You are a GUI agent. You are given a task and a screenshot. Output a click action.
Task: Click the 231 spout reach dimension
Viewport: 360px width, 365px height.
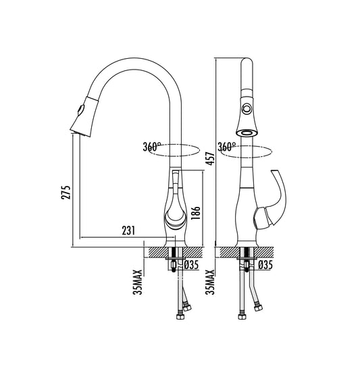(128, 231)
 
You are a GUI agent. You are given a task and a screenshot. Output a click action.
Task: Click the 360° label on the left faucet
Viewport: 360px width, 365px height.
(152, 147)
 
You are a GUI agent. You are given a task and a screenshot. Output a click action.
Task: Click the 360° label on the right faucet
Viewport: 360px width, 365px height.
(226, 147)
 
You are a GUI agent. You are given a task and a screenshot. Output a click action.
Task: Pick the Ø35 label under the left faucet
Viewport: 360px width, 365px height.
(191, 265)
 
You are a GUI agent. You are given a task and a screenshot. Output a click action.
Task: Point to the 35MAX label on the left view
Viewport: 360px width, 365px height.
(137, 280)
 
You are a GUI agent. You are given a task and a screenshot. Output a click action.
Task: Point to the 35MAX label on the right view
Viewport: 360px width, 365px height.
(211, 280)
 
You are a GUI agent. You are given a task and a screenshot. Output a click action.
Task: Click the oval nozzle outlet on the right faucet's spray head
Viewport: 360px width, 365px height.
(248, 132)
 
